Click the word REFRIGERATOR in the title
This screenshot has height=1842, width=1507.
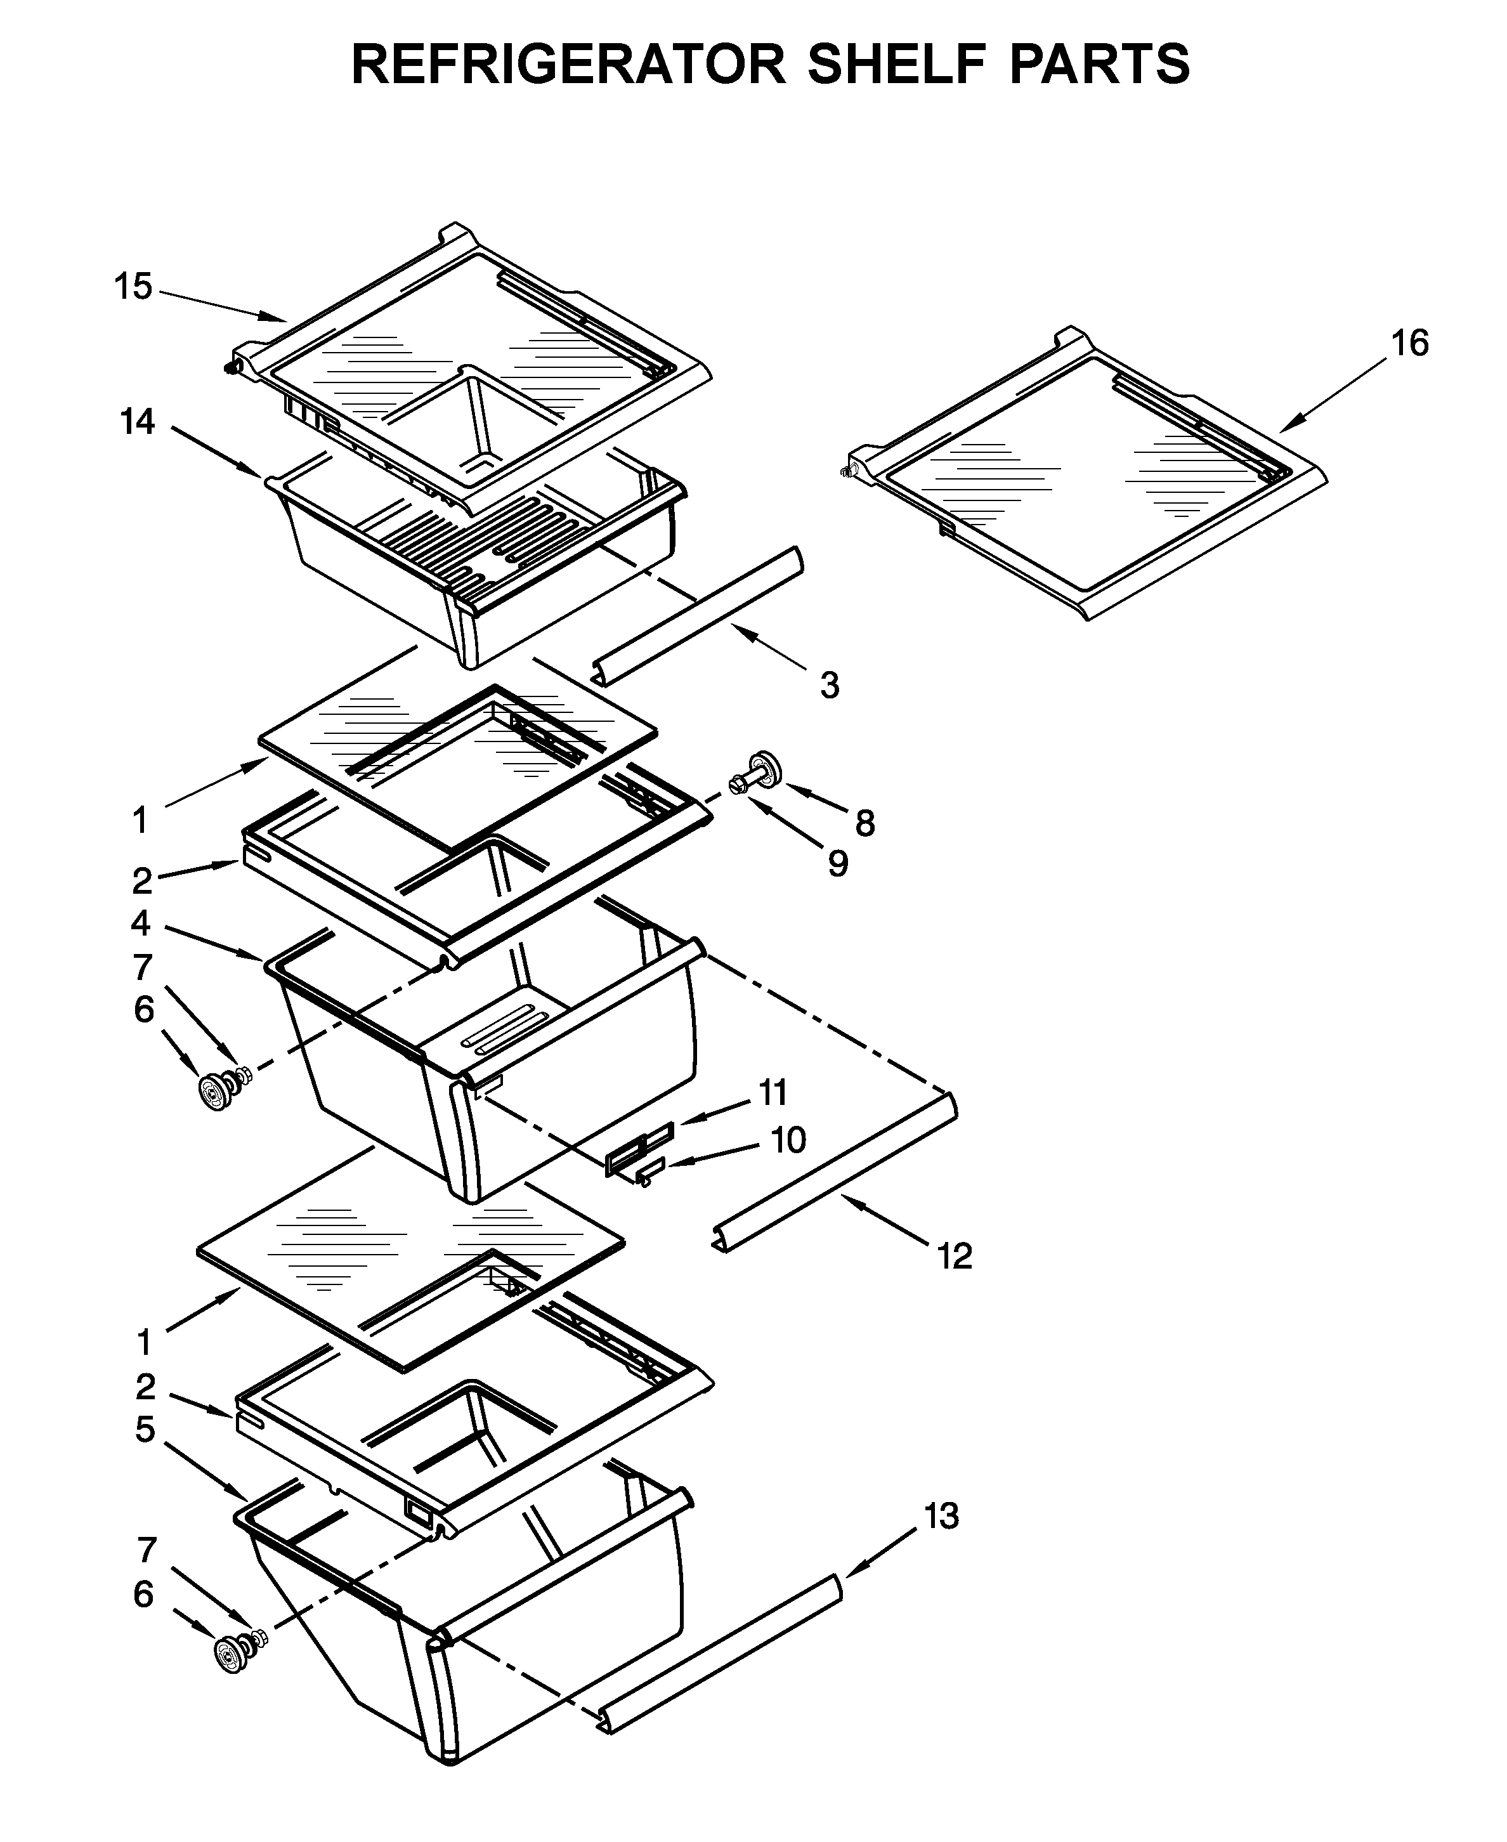[x=568, y=63]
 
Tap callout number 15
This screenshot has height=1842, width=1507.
[x=134, y=287]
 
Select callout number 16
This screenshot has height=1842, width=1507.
[x=1410, y=344]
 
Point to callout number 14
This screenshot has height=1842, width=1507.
[x=137, y=422]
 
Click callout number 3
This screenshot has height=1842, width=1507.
[x=830, y=686]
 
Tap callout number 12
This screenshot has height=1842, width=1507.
[x=954, y=1256]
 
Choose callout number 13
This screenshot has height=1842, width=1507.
[x=941, y=1517]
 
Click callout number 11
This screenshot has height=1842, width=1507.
[x=773, y=1092]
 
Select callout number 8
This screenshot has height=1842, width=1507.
[x=864, y=823]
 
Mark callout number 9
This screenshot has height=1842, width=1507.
[x=837, y=864]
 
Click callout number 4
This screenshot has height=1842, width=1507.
[x=141, y=923]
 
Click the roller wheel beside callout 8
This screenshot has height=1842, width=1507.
[x=764, y=768]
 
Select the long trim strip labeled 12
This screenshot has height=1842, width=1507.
[x=833, y=1172]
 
